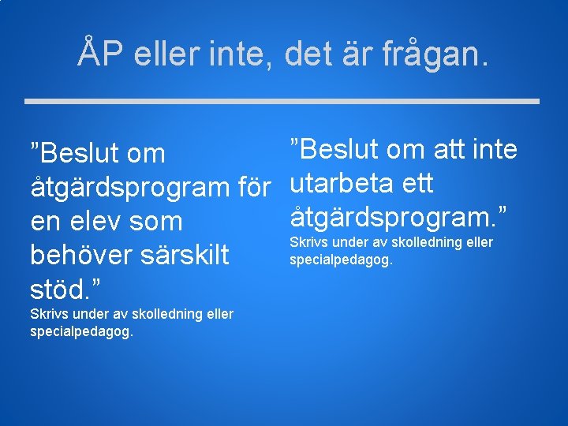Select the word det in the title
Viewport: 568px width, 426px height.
[307, 53]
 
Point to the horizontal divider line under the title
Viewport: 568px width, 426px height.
[282, 101]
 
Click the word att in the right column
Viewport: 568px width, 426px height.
[444, 149]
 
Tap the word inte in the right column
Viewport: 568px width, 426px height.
[494, 149]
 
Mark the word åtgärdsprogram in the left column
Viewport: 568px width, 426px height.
[129, 189]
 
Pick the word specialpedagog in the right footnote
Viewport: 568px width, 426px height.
[341, 259]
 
